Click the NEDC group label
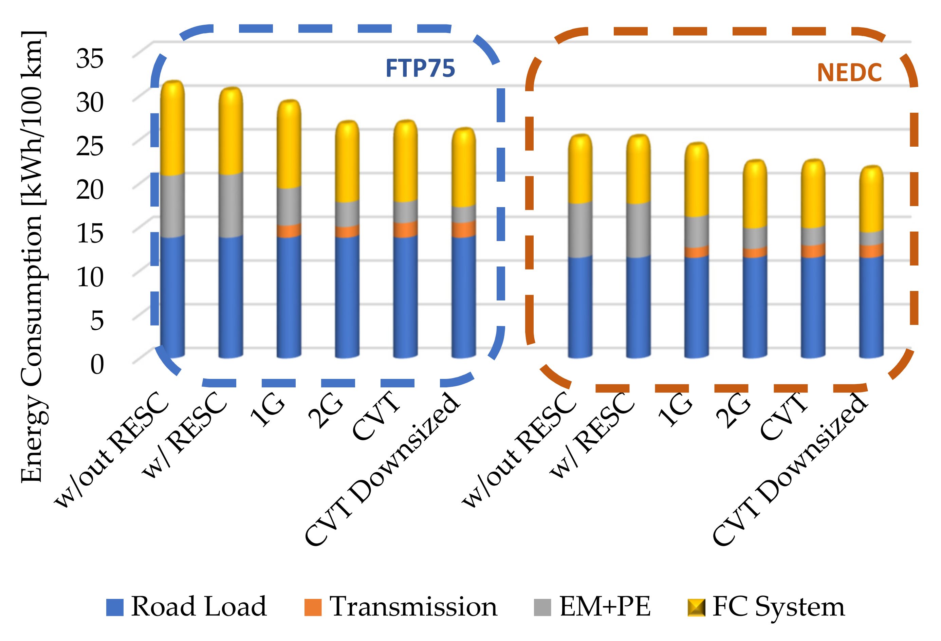click(849, 73)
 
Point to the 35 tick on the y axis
click(90, 59)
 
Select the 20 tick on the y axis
click(90, 189)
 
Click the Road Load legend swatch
click(115, 607)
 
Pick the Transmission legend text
click(413, 607)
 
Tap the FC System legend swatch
click(696, 607)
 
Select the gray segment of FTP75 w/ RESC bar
click(231, 206)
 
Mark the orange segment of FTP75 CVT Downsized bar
click(464, 229)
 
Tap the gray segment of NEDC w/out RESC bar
click(580, 230)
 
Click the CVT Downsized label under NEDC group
click(790, 470)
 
